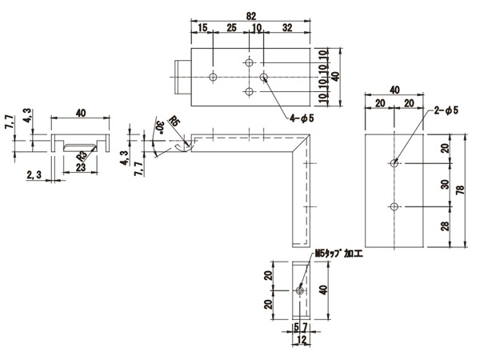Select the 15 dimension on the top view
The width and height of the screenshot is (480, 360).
point(202,28)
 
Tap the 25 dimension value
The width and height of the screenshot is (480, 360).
point(230,28)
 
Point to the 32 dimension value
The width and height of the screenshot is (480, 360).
point(286,28)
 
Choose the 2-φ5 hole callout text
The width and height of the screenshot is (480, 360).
point(446,110)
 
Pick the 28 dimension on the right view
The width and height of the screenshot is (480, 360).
point(446,226)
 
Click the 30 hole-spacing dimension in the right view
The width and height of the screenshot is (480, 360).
point(446,184)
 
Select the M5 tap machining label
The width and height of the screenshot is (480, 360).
point(340,253)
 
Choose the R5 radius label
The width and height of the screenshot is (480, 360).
point(175,126)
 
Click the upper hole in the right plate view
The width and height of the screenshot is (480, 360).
point(394,163)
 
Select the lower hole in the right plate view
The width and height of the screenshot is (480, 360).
point(394,206)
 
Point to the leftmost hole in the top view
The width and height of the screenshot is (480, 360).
point(214,77)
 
